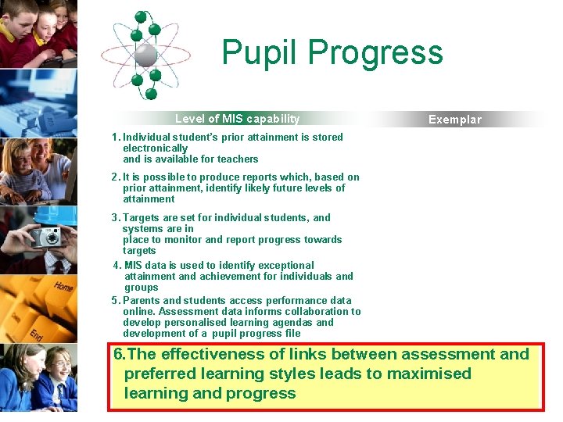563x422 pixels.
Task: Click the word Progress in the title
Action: pyautogui.click(x=375, y=53)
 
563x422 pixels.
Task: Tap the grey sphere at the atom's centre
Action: pyautogui.click(x=145, y=54)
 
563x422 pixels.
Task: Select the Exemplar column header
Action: pyautogui.click(x=455, y=120)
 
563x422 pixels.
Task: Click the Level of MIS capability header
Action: pyautogui.click(x=237, y=119)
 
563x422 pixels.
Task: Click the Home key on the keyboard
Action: pyautogui.click(x=63, y=287)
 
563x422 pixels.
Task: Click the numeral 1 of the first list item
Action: pyautogui.click(x=114, y=137)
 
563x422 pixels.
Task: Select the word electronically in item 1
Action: pyautogui.click(x=155, y=148)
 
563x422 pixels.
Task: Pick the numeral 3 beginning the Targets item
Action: pyautogui.click(x=114, y=218)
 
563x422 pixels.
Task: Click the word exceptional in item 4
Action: pyautogui.click(x=286, y=266)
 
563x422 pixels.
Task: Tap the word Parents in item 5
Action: pyautogui.click(x=141, y=301)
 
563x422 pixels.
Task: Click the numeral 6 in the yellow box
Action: pyautogui.click(x=119, y=355)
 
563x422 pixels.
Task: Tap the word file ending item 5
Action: pyautogui.click(x=292, y=334)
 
